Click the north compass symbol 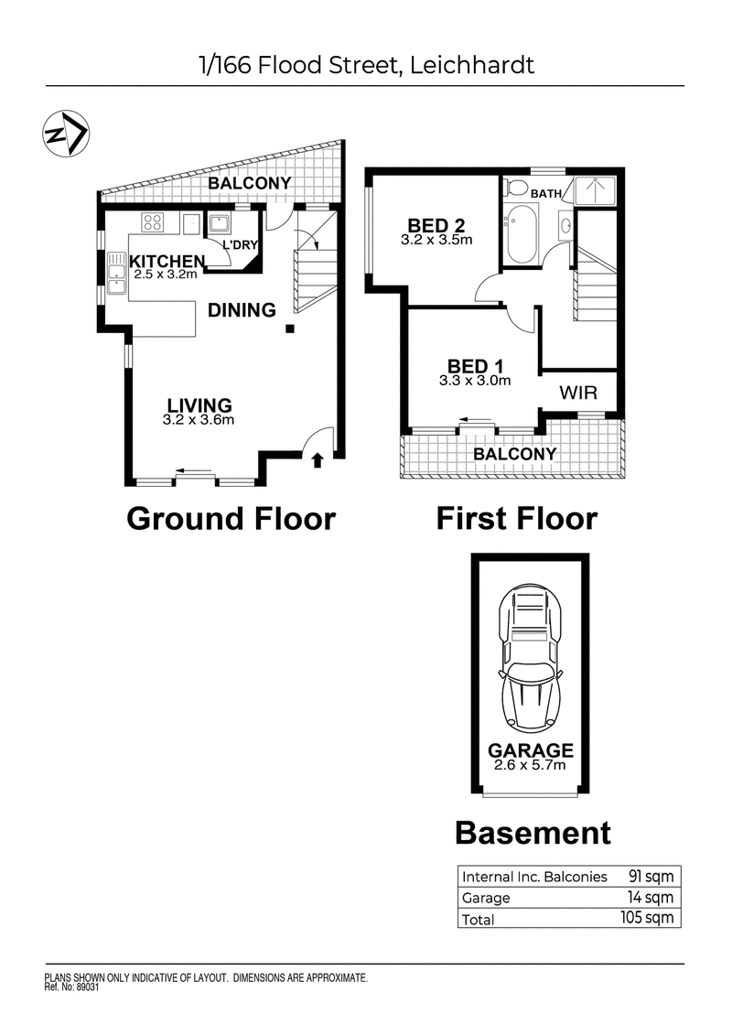tap(66, 134)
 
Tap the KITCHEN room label tap(167, 262)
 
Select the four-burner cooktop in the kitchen tap(153, 221)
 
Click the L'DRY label tap(240, 245)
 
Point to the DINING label tap(242, 309)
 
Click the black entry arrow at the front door tap(318, 459)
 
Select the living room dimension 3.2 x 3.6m tap(199, 420)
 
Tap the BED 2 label tap(436, 226)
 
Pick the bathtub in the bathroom tap(522, 233)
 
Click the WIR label tap(578, 393)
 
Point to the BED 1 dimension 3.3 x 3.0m tap(475, 381)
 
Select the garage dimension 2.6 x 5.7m tap(530, 765)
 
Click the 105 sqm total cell tap(647, 918)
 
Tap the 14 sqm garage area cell tap(651, 897)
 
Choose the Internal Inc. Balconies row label tap(534, 877)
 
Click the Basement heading tap(533, 833)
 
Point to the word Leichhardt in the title tap(472, 65)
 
